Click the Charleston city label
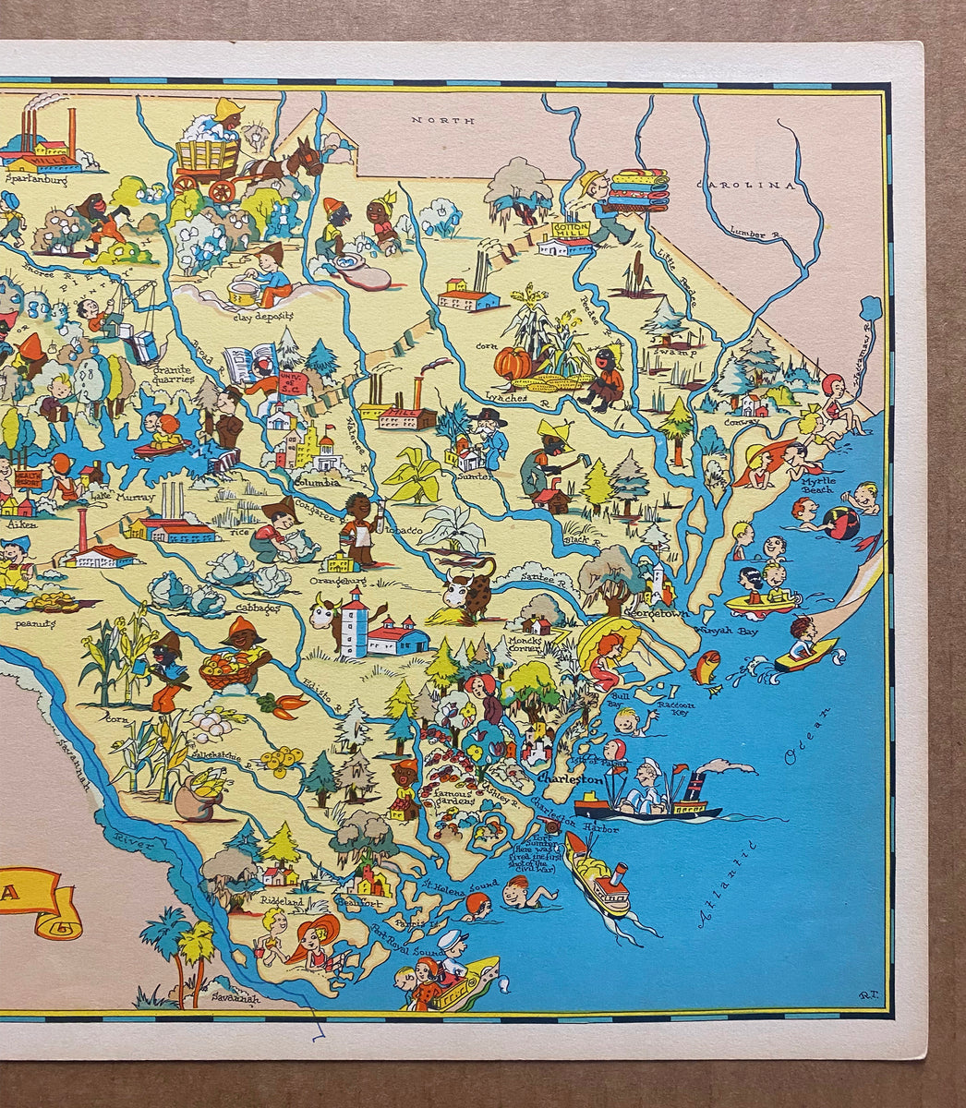click(569, 780)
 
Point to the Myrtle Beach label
click(817, 484)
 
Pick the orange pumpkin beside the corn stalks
click(513, 363)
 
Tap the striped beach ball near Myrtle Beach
click(840, 523)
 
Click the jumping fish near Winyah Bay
click(707, 666)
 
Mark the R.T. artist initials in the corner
click(866, 994)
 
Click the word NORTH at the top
click(443, 121)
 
